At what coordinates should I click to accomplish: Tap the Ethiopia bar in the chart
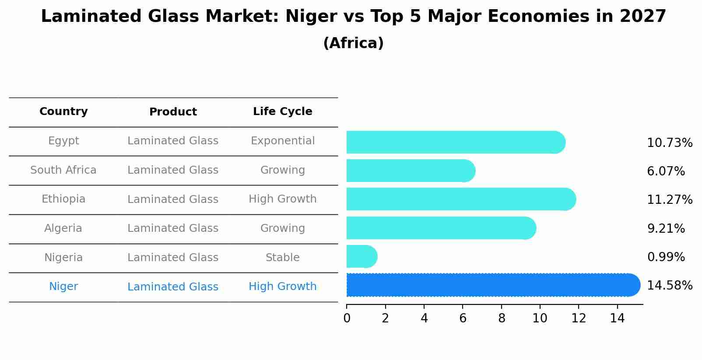460,199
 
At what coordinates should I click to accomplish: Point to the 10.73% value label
669,143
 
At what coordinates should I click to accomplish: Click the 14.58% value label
669,286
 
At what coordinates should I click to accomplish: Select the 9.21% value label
666,228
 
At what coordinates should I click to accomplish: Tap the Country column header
63,112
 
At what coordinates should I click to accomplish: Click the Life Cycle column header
282,112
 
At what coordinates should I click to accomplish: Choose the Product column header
173,112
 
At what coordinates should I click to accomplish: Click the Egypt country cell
63,141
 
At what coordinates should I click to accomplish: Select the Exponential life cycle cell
282,141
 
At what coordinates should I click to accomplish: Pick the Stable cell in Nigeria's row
282,258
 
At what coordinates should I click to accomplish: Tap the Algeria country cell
63,228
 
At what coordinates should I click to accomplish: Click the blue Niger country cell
63,287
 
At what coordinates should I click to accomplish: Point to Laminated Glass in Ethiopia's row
173,199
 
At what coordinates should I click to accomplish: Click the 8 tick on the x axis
502,318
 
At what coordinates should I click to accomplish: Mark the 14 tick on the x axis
617,318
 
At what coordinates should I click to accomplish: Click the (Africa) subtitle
353,43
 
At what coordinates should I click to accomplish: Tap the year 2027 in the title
642,17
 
